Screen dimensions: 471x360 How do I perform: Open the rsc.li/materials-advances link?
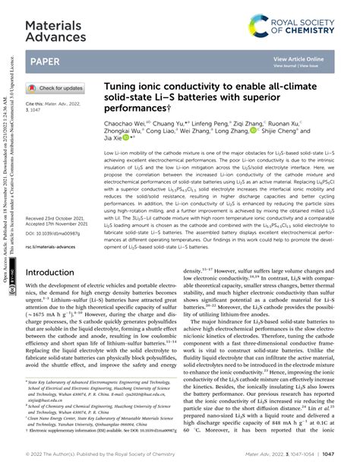click(55, 245)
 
